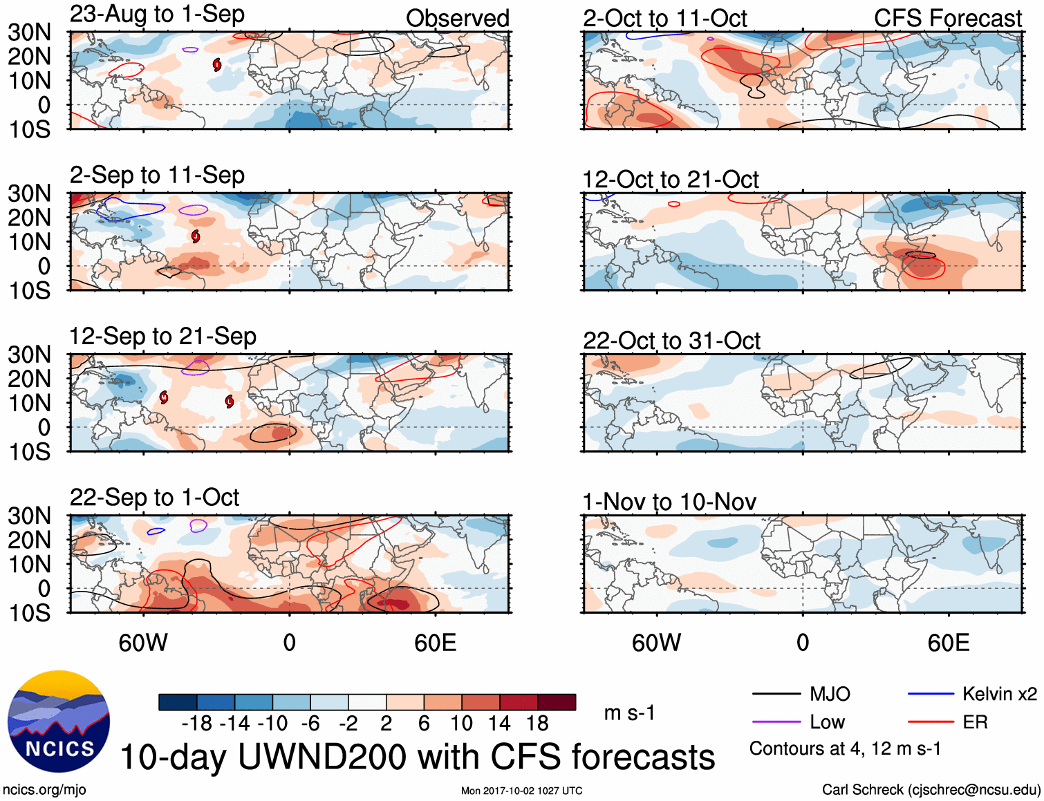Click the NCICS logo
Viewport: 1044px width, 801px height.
59,722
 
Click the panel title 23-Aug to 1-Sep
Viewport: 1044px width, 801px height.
157,15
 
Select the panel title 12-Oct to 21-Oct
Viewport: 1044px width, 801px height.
671,180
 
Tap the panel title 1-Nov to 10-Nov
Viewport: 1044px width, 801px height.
669,502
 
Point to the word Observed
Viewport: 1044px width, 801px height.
458,18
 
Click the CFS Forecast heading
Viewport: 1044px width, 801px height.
947,18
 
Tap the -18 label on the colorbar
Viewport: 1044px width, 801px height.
196,724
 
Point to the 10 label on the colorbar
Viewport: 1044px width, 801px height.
461,724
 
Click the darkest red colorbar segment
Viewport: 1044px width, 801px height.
557,702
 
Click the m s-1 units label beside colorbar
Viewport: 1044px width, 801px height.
629,713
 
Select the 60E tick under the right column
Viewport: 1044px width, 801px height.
949,643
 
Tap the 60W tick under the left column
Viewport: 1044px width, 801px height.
143,643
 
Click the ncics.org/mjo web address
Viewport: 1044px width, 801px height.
44,789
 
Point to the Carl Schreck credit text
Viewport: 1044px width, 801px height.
931,789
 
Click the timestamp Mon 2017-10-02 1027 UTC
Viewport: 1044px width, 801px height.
521,791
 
